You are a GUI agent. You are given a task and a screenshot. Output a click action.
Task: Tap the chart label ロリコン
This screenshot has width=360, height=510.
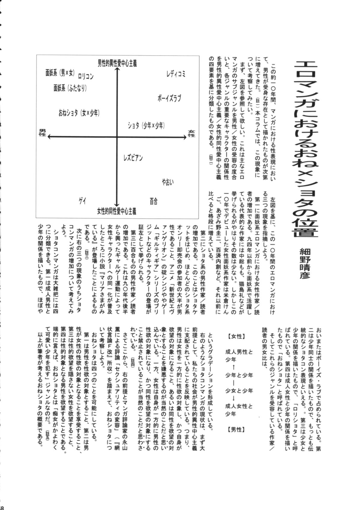coord(85,77)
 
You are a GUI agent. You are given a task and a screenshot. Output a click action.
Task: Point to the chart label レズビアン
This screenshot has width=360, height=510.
coord(133,157)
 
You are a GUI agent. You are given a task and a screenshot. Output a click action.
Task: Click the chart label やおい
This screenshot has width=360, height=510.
coord(168,182)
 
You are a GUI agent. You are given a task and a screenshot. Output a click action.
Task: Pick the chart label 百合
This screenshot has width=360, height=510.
coord(154,201)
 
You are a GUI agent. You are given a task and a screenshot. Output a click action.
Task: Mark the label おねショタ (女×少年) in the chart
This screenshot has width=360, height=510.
coord(79,113)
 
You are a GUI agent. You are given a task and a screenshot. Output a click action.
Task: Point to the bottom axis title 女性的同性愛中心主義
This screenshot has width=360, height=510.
coord(116,212)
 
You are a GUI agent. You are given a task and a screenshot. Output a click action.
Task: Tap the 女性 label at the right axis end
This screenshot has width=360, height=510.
coord(191,133)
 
